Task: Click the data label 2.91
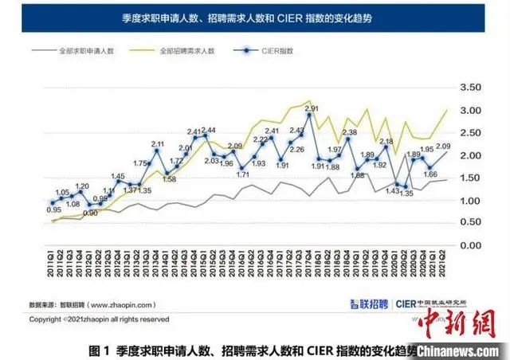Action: [312, 108]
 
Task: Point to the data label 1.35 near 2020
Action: [406, 193]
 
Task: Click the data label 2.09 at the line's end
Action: [445, 146]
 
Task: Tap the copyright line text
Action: [100, 319]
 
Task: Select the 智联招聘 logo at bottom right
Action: [368, 303]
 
